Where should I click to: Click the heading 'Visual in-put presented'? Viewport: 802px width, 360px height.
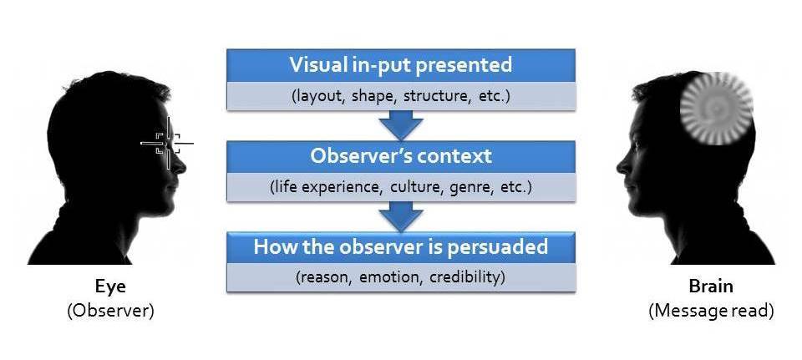coord(400,64)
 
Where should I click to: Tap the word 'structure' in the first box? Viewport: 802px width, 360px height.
coord(434,95)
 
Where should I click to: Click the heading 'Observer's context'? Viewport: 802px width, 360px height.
coord(401,156)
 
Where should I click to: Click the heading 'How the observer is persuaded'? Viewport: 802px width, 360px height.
coord(401,247)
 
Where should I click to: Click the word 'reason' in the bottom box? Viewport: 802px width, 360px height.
coord(330,277)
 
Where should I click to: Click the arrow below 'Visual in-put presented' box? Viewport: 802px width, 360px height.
coord(401,124)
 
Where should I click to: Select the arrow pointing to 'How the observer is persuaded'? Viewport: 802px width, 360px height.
coord(401,216)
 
